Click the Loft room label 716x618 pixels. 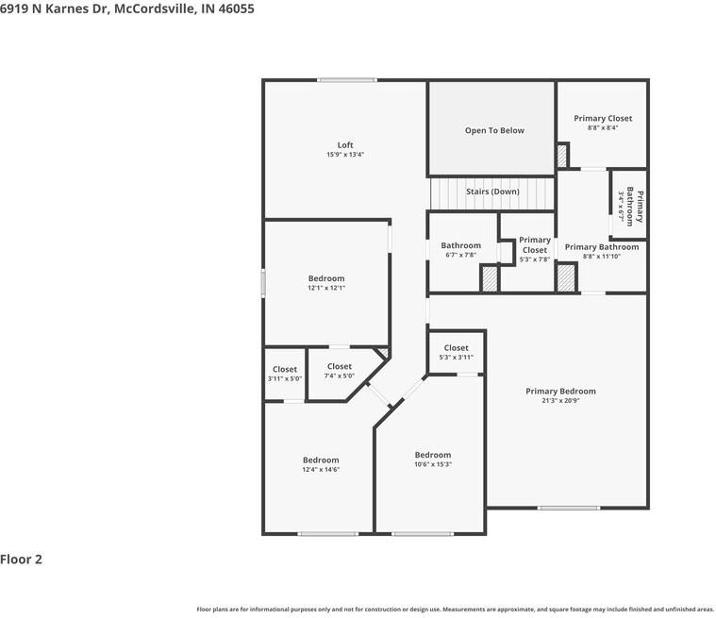[345, 144]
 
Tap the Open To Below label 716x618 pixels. [494, 130]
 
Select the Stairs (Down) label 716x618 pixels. [492, 192]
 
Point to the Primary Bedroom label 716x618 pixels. [560, 391]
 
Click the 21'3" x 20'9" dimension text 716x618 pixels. [560, 401]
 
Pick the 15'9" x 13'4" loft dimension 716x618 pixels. [345, 155]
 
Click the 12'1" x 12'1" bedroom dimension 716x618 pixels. [326, 288]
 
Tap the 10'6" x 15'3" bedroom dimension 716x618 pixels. [433, 464]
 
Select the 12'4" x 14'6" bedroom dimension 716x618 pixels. [321, 469]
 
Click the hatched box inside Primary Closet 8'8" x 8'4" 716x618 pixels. [562, 157]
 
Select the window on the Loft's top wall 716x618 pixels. [347, 80]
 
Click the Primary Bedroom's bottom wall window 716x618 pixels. [569, 508]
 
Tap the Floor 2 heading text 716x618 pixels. [21, 560]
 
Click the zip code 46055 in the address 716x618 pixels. [236, 8]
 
